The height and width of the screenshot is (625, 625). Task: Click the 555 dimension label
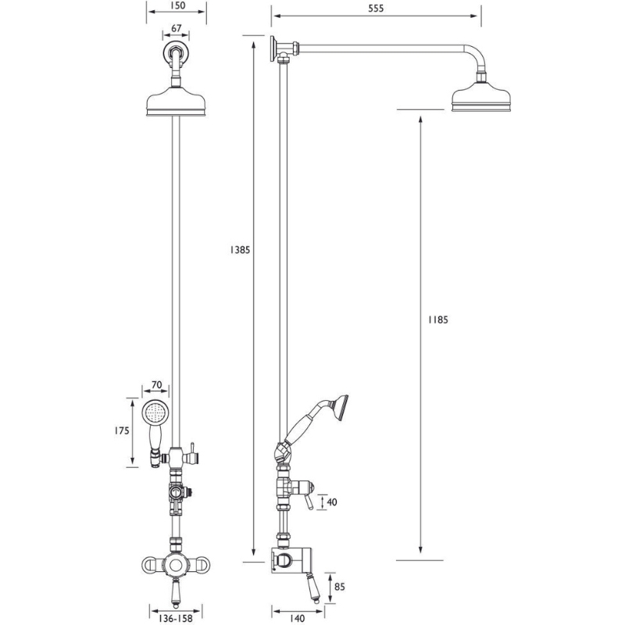[376, 9]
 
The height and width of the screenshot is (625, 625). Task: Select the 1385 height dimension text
[240, 250]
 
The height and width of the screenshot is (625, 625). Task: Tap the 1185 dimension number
[438, 320]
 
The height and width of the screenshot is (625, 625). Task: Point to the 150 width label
[177, 5]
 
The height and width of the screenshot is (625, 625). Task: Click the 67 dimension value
[177, 28]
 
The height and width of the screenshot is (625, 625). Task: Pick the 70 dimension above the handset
[157, 384]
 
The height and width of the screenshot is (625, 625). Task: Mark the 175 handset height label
[122, 430]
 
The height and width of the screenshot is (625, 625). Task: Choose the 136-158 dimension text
[176, 618]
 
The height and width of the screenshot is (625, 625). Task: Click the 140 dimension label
[296, 618]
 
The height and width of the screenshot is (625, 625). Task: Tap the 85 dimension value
[340, 587]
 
